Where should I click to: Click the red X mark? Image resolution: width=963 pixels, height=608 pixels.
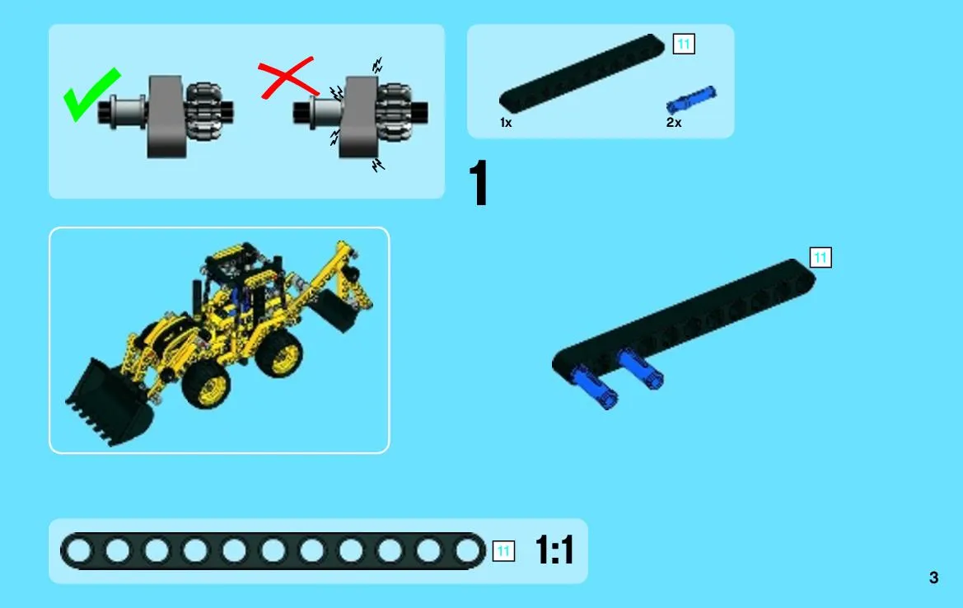point(287,78)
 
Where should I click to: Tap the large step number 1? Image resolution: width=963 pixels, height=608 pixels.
point(479,182)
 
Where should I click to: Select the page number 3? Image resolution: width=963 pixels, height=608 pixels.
point(933,578)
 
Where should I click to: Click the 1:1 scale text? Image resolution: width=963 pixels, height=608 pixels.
point(554,550)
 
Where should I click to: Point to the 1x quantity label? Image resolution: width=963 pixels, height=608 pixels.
point(506,123)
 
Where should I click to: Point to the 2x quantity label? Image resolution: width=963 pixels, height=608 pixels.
point(674,123)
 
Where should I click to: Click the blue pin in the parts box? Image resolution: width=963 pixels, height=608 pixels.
point(691,100)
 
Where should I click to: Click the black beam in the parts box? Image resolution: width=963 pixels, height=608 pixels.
point(582,73)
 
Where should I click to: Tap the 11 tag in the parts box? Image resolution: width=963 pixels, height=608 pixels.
point(685,44)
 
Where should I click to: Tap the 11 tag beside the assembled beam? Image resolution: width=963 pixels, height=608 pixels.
point(820,257)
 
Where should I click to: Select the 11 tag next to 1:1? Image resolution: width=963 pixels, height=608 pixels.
point(503,551)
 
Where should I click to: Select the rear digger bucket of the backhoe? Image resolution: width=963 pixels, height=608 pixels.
point(334,311)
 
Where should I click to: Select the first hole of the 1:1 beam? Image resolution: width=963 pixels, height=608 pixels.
point(78,550)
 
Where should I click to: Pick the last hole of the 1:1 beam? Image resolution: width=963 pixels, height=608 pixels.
point(467,550)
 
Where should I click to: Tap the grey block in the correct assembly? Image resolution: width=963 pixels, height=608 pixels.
point(166,117)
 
